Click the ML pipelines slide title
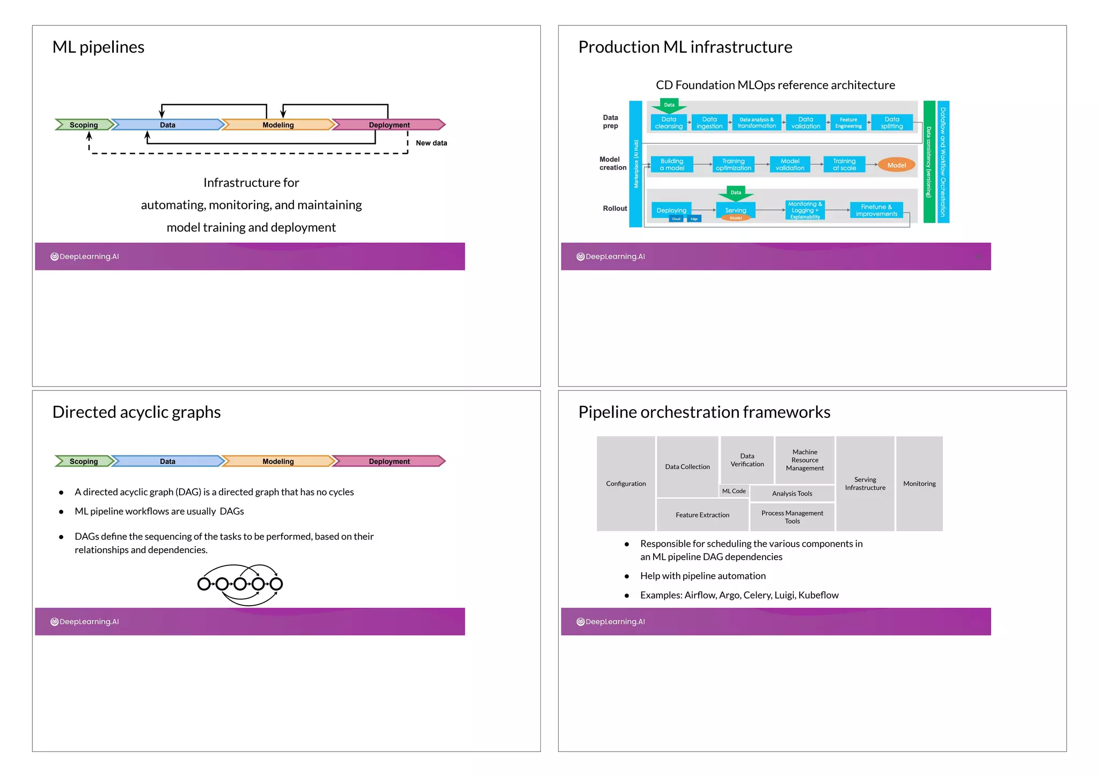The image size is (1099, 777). point(98,47)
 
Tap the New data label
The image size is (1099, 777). point(431,143)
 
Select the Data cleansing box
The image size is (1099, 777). point(669,123)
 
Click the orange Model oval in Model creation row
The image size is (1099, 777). point(896,165)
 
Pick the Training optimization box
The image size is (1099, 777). point(733,165)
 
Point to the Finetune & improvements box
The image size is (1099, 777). point(876,210)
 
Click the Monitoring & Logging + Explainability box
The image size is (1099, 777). point(804,210)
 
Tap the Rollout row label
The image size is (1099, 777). point(614,208)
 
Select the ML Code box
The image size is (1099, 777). point(734,491)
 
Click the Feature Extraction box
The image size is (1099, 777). point(702,515)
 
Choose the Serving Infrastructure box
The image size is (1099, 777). point(865,484)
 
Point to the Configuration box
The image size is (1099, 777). point(626,484)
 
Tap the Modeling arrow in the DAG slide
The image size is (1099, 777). point(278,461)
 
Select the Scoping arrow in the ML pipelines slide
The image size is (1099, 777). point(84,125)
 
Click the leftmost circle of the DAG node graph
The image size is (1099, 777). point(204,584)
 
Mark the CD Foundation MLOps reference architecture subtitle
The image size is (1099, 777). point(775,85)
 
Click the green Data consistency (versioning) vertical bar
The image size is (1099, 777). point(929,162)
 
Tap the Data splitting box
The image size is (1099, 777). point(891,123)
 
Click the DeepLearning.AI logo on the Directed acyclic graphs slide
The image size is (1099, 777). point(85,622)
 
